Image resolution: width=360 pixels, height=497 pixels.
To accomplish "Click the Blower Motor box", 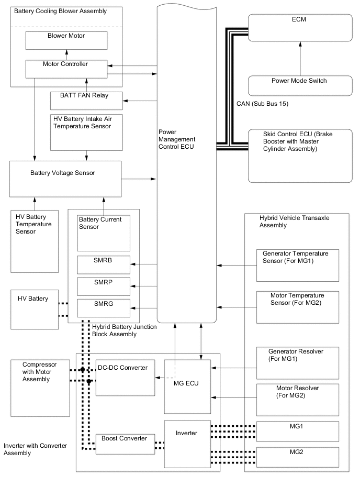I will [66, 40].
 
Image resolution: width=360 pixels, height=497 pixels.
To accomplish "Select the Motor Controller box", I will [66, 68].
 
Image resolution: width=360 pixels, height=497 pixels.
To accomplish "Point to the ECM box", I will [300, 27].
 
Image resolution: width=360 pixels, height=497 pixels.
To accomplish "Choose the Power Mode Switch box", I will [300, 85].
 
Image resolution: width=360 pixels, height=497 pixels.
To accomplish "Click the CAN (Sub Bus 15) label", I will [261, 104].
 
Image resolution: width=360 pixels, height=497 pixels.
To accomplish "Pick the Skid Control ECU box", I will [300, 156].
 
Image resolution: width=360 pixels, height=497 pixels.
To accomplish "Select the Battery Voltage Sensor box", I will [66, 179].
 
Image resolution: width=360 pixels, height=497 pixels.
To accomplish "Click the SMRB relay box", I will [104, 265].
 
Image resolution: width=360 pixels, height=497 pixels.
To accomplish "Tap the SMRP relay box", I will [104, 286].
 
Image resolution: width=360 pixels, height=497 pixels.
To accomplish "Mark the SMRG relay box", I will [104, 308].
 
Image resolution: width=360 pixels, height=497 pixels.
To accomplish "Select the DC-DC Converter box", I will [126, 378].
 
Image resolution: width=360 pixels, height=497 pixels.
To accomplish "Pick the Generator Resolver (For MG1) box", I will [298, 362].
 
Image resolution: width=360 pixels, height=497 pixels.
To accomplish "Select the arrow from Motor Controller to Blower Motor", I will [66, 55].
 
